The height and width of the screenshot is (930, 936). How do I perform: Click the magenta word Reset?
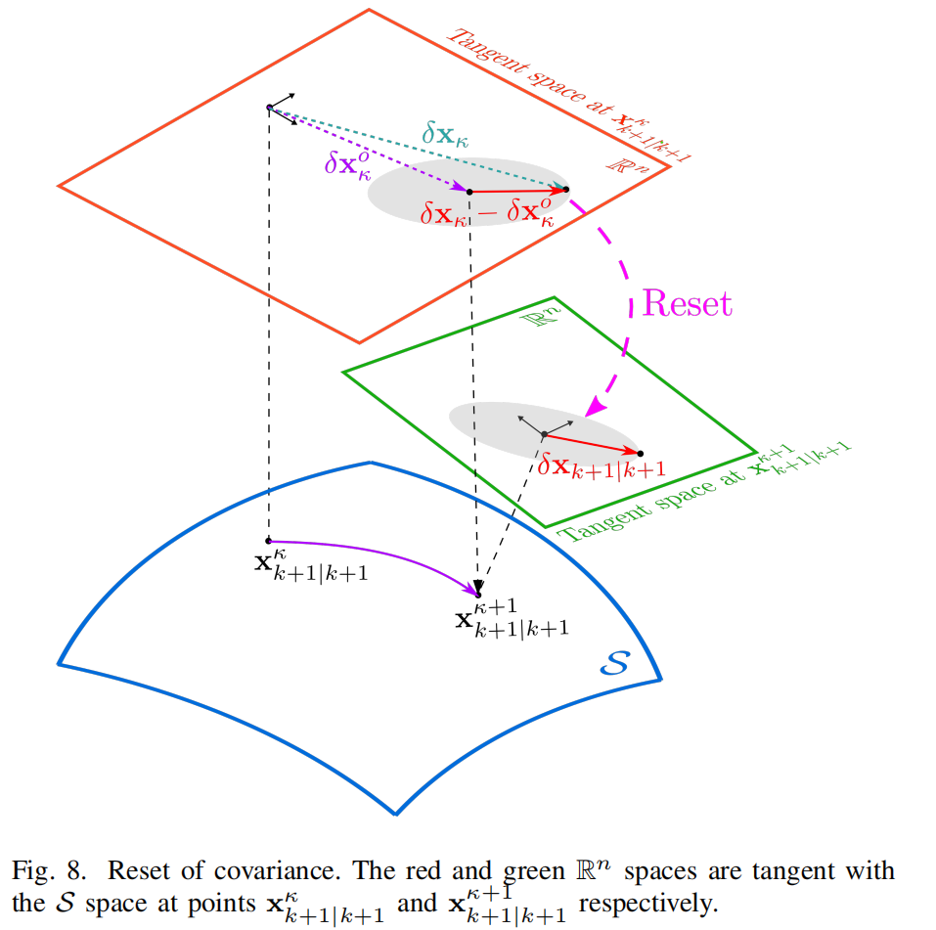(x=686, y=303)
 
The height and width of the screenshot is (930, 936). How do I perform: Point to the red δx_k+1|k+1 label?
(x=602, y=468)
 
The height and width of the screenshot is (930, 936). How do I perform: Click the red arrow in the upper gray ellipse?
(x=518, y=191)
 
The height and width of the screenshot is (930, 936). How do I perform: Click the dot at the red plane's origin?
(x=269, y=107)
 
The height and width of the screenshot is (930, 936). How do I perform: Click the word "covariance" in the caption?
(x=228, y=870)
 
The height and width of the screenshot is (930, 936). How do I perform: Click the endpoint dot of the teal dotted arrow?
(x=566, y=188)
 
